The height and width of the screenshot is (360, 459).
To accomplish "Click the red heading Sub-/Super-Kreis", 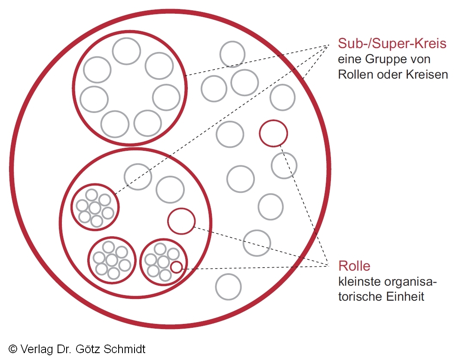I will (392, 44).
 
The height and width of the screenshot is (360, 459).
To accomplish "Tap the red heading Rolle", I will (354, 266).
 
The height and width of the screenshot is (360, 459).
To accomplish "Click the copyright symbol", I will (13, 349).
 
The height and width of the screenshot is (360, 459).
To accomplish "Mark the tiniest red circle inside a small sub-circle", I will (176, 267).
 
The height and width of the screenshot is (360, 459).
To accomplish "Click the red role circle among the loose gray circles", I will (273, 133).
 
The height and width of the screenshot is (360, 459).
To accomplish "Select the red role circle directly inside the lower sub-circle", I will (181, 221).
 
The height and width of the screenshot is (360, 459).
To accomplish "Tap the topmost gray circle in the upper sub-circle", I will (126, 51).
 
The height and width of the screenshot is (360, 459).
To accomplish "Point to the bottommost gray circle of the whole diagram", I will (228, 287).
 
